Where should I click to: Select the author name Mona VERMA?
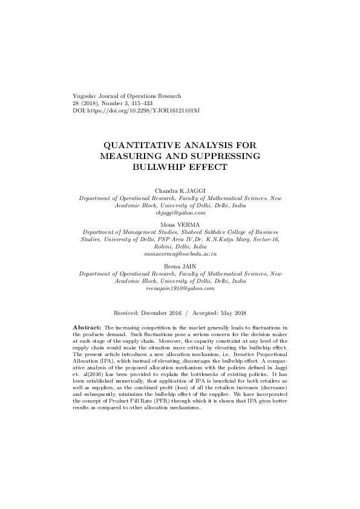tap(180, 224)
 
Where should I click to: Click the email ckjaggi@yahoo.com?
tap(180, 213)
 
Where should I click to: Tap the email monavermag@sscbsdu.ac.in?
tap(180, 255)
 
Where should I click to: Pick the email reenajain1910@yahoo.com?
tap(180, 289)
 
